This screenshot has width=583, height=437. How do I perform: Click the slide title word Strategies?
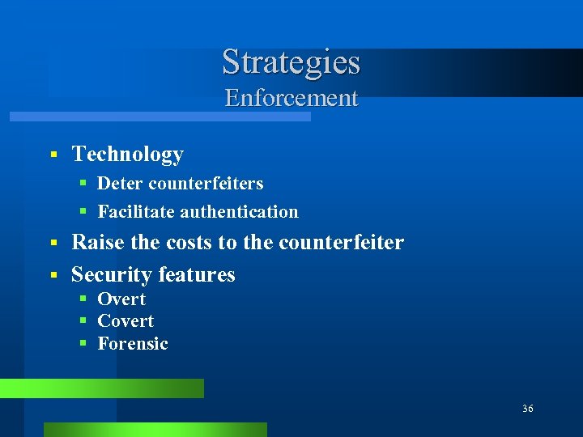pos(291,62)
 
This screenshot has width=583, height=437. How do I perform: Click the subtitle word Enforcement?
pos(291,98)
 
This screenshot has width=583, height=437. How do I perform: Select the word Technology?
pos(128,154)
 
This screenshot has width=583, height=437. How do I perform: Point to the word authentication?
pos(239,212)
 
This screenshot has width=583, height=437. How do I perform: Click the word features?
pos(197,274)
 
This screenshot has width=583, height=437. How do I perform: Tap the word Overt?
pos(121,299)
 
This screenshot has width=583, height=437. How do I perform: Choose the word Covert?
pos(126,321)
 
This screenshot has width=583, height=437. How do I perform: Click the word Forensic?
pos(133,344)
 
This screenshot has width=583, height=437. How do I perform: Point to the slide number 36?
pos(528,409)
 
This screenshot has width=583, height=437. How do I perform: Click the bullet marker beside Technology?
pos(53,154)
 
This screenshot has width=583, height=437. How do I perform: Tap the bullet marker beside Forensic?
pos(83,344)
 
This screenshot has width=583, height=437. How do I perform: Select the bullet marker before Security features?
pos(53,275)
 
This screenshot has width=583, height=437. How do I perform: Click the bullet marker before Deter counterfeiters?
pos(83,185)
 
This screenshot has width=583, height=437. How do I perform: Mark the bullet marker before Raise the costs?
pos(53,243)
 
